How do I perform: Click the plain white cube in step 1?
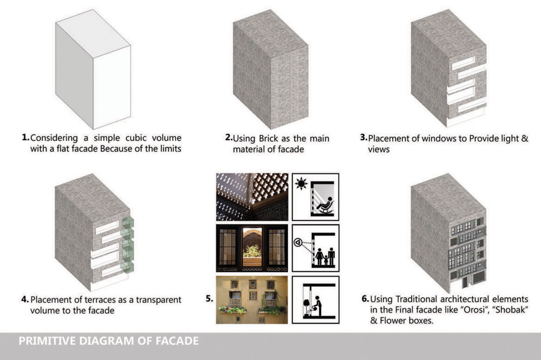tap(93, 69)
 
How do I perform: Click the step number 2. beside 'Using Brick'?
tap(229, 138)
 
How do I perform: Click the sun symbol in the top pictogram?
tap(301, 184)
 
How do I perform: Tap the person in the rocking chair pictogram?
tap(325, 205)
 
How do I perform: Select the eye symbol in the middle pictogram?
tap(298, 243)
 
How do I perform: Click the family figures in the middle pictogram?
tap(325, 257)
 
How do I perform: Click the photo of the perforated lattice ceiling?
tap(252, 197)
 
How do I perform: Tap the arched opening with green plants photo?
tap(252, 248)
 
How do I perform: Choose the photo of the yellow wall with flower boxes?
tap(252, 300)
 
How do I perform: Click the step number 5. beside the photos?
tap(209, 299)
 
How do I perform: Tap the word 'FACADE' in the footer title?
tap(177, 341)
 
